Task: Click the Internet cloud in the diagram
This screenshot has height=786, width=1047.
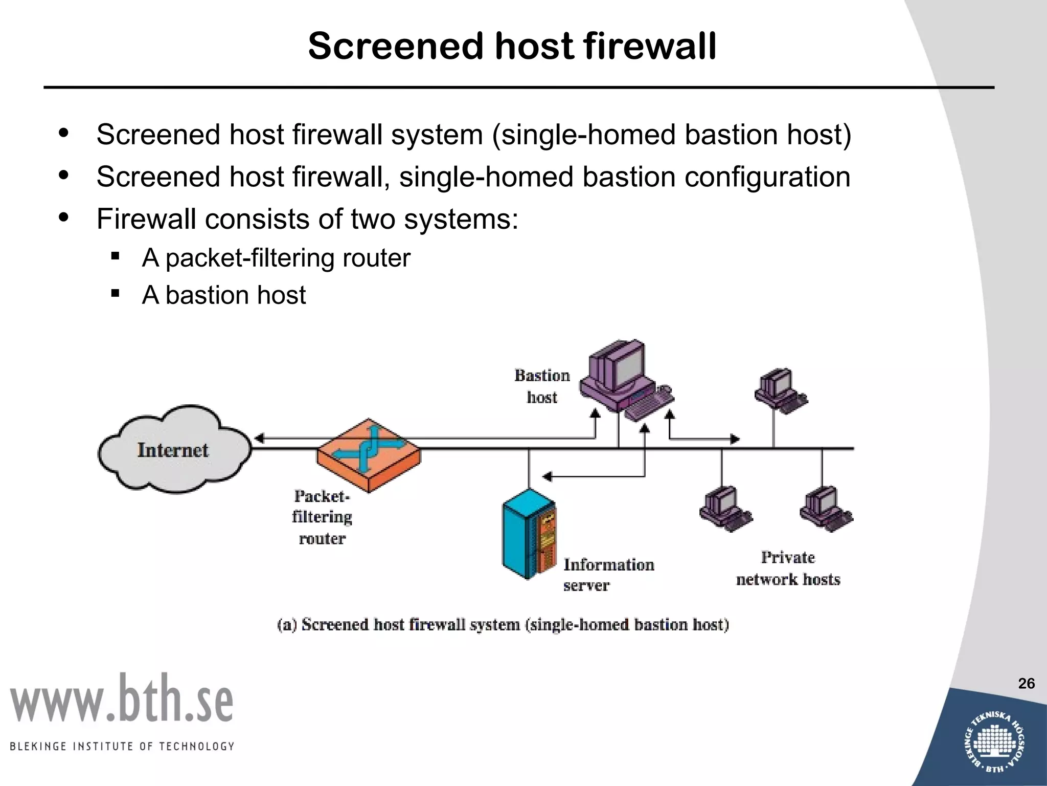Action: pyautogui.click(x=174, y=449)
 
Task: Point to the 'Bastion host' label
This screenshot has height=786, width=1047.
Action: pyautogui.click(x=542, y=386)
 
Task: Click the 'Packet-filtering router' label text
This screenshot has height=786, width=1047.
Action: pyautogui.click(x=322, y=517)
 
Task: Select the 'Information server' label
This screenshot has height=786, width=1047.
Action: pyautogui.click(x=608, y=575)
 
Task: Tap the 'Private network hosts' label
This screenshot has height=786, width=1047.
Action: pyautogui.click(x=788, y=568)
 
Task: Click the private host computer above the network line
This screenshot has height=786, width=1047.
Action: pyautogui.click(x=780, y=390)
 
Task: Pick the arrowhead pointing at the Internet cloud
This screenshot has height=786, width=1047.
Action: pyautogui.click(x=259, y=439)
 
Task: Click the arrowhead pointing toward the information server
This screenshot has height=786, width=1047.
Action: pyautogui.click(x=547, y=477)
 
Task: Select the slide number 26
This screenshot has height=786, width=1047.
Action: pyautogui.click(x=1026, y=684)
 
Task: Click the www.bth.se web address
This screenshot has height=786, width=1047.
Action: pyautogui.click(x=122, y=699)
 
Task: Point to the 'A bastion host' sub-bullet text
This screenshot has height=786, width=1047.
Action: pyautogui.click(x=223, y=295)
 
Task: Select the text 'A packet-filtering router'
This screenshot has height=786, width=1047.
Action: pyautogui.click(x=276, y=257)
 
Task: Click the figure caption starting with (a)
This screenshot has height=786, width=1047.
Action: pyautogui.click(x=503, y=625)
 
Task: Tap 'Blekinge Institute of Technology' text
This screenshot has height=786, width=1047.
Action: pyautogui.click(x=122, y=747)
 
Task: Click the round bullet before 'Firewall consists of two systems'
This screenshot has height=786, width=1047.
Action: pyautogui.click(x=64, y=218)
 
